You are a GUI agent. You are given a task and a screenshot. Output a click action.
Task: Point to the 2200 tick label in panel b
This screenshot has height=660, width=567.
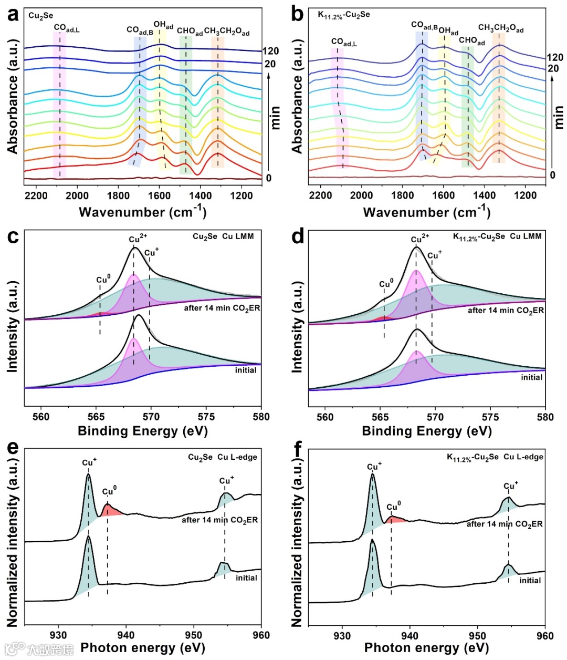pos(320,196)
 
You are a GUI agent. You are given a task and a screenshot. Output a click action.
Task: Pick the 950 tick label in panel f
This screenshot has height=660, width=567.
pos(478,635)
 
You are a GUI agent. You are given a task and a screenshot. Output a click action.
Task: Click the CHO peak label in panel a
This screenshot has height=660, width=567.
pos(189,32)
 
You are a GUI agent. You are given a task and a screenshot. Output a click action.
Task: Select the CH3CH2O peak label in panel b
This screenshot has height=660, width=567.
pos(500,28)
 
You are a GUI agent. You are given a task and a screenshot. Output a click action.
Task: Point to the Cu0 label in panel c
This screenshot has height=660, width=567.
pos(103,279)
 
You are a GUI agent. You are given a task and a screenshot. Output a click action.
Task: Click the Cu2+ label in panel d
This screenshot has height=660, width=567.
pos(419,239)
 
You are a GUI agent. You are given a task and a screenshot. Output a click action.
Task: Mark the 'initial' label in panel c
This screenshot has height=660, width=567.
pos(246,370)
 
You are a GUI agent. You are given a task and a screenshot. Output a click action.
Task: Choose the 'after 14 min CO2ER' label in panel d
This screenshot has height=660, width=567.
pos(506,311)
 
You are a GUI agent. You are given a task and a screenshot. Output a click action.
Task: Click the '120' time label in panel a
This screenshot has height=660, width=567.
pos(270,51)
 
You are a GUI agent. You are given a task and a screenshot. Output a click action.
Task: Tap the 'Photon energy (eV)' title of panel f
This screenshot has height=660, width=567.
pos(426,648)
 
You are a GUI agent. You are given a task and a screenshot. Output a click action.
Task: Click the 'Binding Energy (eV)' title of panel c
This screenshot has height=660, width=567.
pos(143,431)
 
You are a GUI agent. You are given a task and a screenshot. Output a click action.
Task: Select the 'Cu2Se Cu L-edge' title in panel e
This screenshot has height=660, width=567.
pos(223,457)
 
